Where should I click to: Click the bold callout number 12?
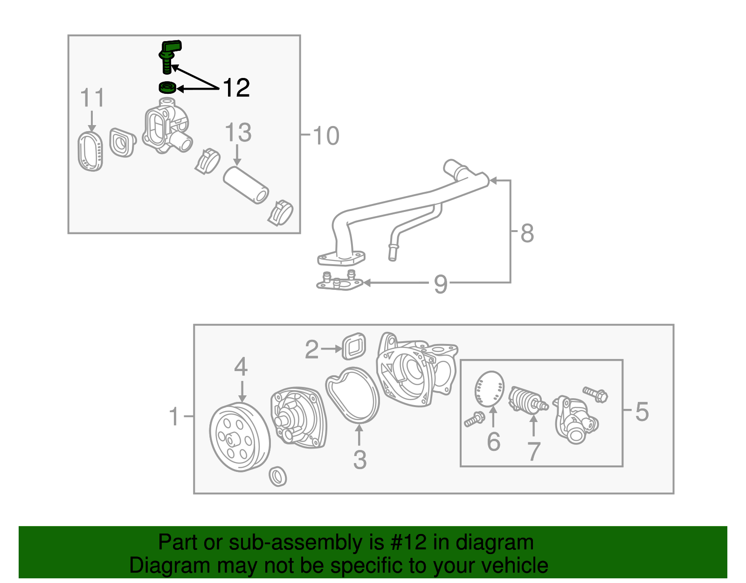pos(236,88)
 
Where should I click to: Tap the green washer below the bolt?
pos(167,87)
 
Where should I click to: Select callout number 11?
pos(92,98)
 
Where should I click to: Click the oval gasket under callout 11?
pos(90,151)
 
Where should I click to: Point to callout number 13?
pos(238,133)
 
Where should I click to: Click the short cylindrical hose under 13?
pos(246,185)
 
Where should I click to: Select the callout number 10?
pos(326,136)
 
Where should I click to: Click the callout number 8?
pos(527,233)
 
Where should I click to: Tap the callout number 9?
pos(441,284)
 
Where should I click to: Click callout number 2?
pos(311,350)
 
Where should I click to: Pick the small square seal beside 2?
pos(354,346)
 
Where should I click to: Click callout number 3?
pos(359,459)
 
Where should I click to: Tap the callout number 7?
pos(533,451)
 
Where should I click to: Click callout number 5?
pos(642,412)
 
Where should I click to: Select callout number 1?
pos(174,416)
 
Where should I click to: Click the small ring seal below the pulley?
pos(278,476)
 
